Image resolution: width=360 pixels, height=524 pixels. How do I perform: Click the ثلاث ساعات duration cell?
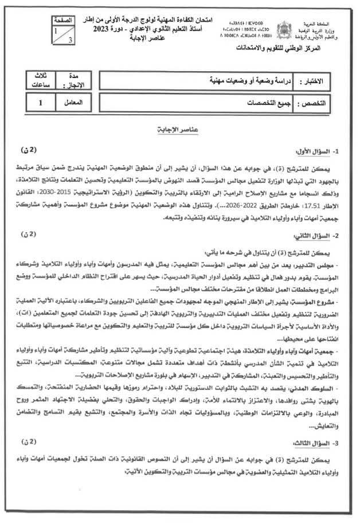[x=41, y=80]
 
